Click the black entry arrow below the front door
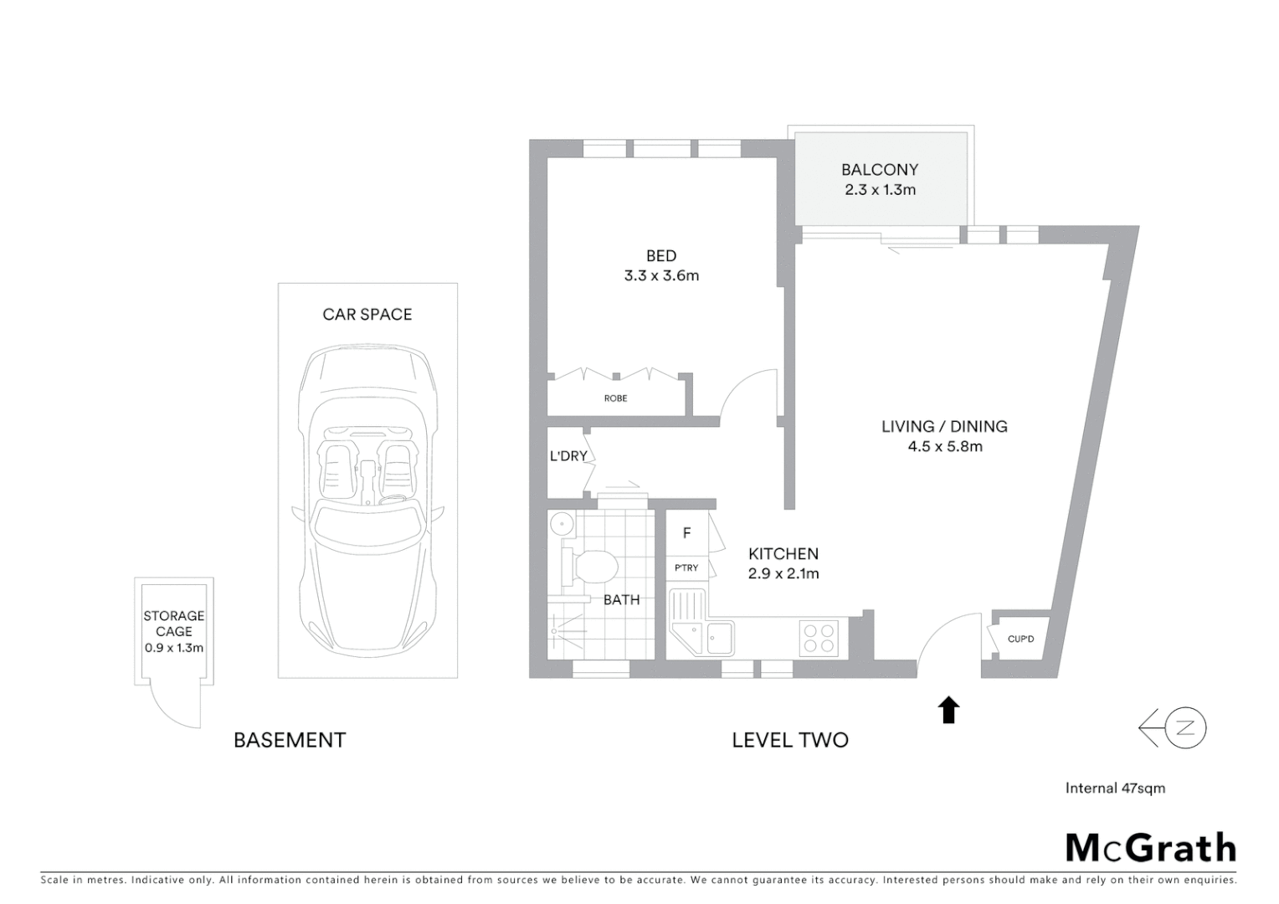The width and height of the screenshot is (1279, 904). point(948,710)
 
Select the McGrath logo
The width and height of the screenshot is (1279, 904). point(1150,847)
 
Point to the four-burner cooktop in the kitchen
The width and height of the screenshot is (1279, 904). point(818,637)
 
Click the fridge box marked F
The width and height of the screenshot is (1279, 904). point(686,533)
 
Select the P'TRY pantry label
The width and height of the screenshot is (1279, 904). point(686,568)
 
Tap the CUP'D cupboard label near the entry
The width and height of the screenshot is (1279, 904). point(1020,639)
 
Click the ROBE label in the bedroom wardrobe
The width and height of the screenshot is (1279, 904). point(615,398)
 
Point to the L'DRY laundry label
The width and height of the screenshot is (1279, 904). point(568,456)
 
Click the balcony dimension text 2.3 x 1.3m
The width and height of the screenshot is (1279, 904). point(880,190)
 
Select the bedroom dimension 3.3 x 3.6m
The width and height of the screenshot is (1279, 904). point(661,275)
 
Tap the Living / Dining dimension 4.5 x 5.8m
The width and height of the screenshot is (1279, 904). point(945,446)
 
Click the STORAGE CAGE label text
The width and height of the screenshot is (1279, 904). point(173,624)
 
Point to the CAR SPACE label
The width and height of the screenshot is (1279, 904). point(367,315)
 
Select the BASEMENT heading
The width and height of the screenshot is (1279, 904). point(289,740)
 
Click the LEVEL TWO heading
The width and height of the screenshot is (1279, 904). point(790,740)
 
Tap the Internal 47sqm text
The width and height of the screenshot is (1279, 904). point(1115,788)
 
